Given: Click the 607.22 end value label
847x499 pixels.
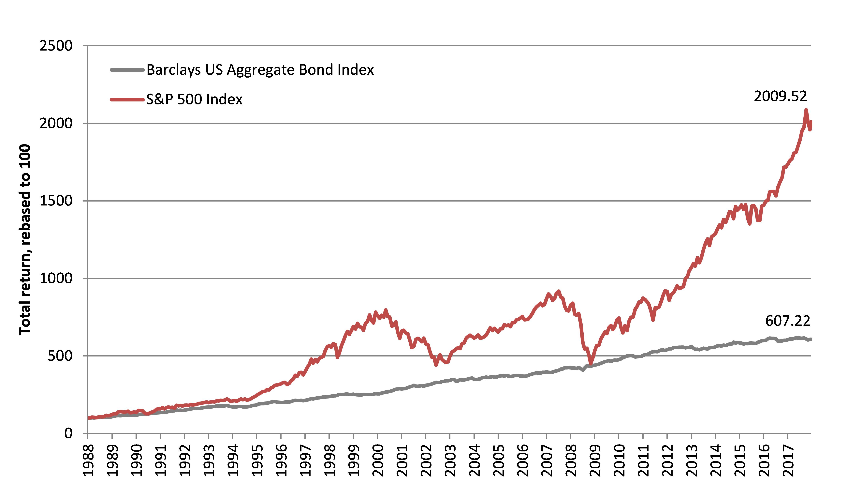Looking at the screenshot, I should [787, 321].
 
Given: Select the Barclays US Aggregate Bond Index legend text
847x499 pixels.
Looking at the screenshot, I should [260, 70].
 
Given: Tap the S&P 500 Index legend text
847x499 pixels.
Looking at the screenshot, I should [194, 99].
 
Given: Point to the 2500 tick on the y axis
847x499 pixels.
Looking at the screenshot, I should [56, 46].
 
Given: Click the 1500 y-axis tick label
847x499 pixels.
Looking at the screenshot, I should [56, 201].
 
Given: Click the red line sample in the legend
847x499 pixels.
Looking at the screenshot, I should [127, 99].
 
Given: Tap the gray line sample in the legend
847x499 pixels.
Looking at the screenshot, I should [127, 70].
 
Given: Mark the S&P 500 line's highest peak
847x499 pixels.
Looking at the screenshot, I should [806, 110].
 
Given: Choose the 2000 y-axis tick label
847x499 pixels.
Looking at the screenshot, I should [56, 123].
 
